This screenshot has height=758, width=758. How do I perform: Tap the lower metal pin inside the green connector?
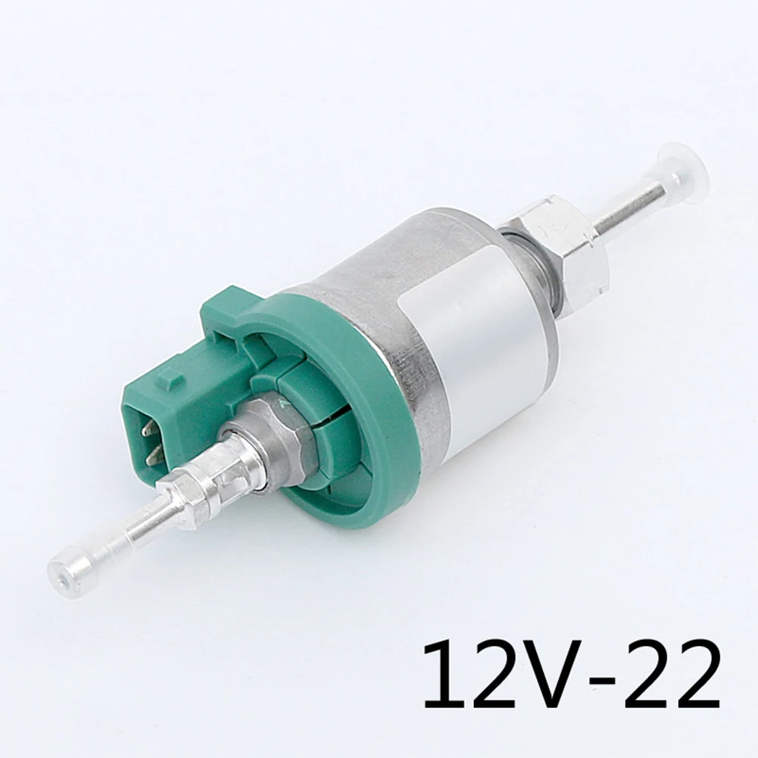tap(154, 454)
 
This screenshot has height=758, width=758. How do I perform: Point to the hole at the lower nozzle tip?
tap(60, 566)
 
